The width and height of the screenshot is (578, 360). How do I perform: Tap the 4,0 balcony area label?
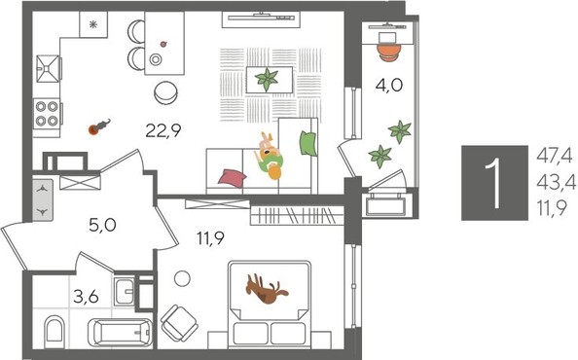click(388, 85)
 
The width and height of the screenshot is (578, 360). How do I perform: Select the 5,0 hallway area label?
click(102, 227)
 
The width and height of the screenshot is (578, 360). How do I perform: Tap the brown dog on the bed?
click(266, 289)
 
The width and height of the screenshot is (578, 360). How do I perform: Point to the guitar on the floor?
click(97, 126)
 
